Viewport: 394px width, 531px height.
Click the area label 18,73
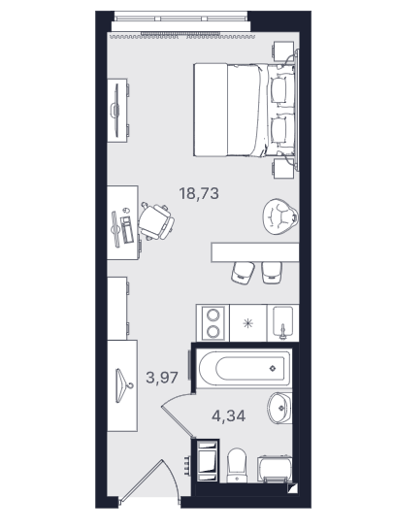[199, 193]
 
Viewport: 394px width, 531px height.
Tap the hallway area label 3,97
[162, 377]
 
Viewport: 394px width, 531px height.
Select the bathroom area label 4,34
[228, 415]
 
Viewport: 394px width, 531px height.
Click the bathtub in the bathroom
[244, 368]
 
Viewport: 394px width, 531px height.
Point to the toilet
[237, 465]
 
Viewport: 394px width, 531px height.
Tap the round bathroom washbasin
[279, 408]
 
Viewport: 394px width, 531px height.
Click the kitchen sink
[283, 322]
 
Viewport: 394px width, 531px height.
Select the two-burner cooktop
[213, 322]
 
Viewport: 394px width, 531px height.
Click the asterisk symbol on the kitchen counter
[248, 323]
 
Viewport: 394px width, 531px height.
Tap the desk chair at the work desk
[156, 221]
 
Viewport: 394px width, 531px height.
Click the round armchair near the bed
[280, 217]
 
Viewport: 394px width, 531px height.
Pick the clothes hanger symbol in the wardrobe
[123, 385]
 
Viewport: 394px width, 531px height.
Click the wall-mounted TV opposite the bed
[115, 111]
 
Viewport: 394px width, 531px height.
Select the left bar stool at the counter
[243, 273]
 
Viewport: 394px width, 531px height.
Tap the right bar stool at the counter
[272, 273]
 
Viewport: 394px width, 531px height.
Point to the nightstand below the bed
[283, 168]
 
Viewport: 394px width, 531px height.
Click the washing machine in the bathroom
[275, 469]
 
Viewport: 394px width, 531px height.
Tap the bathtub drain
[273, 368]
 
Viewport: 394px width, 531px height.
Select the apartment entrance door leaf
[142, 481]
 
